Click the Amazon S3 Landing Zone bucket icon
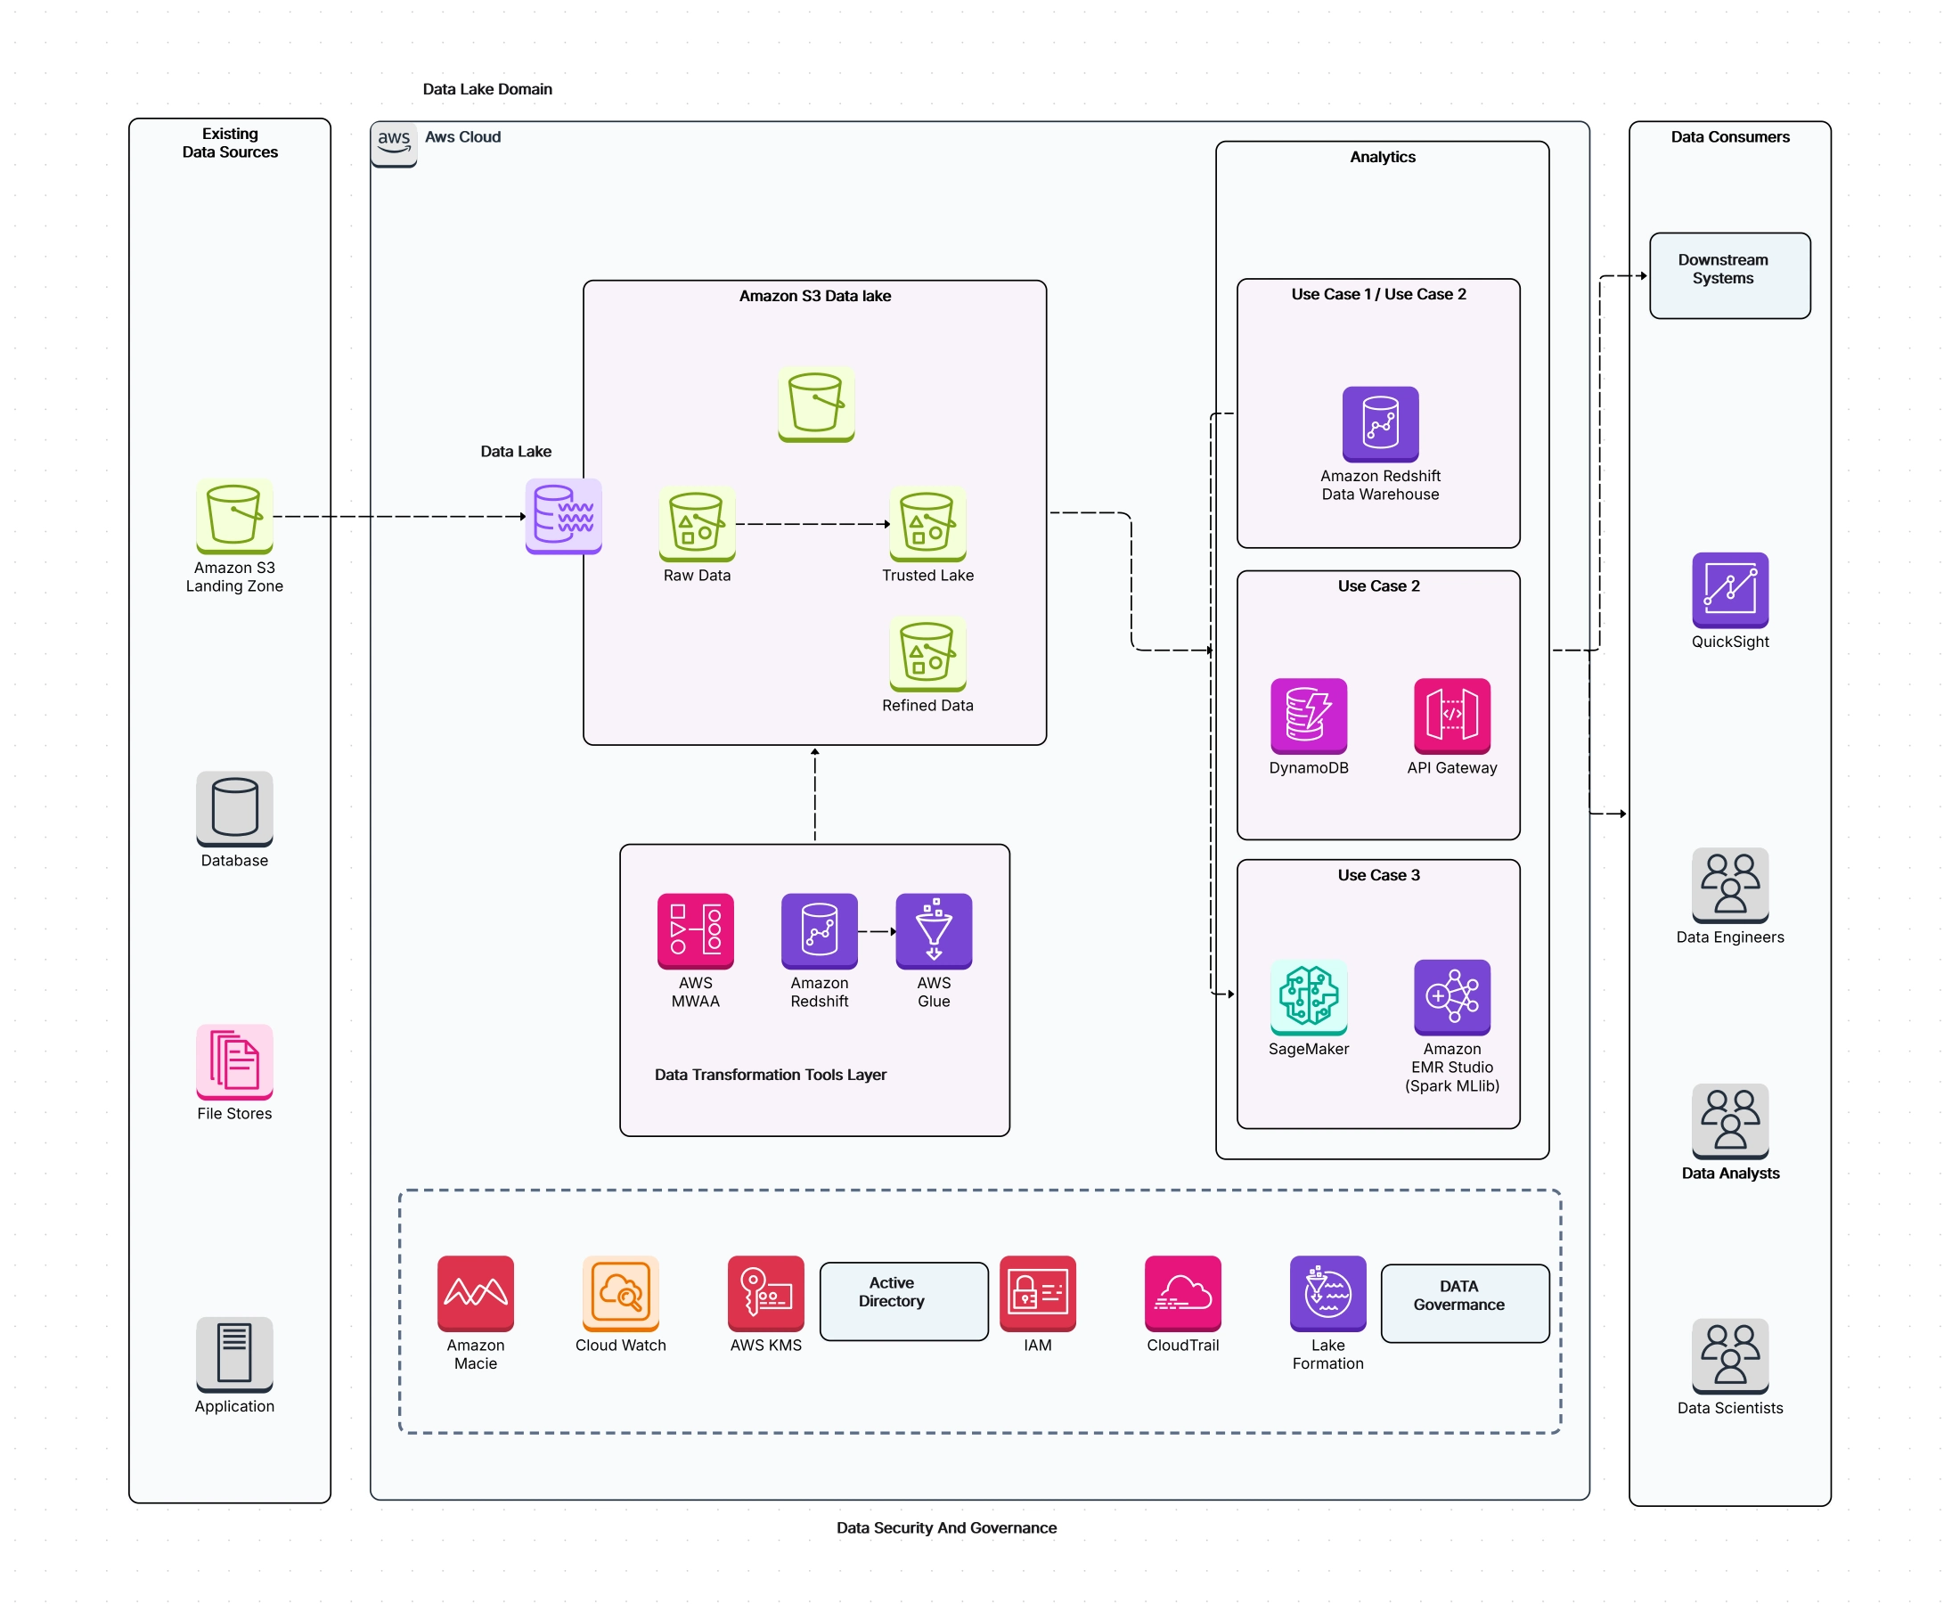pyautogui.click(x=233, y=515)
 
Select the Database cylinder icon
pyautogui.click(x=233, y=807)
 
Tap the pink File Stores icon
pyautogui.click(x=233, y=1060)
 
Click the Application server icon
pyautogui.click(x=233, y=1354)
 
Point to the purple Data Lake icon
pyautogui.click(x=563, y=515)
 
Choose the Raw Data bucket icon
pyautogui.click(x=697, y=523)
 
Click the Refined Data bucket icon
pyautogui.click(x=927, y=653)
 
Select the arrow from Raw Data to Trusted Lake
pyautogui.click(x=813, y=524)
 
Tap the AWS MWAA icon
pyautogui.click(x=696, y=930)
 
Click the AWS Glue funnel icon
pyautogui.click(x=934, y=930)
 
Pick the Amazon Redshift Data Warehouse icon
pyautogui.click(x=1380, y=423)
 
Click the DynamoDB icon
pyautogui.click(x=1309, y=716)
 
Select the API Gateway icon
pyautogui.click(x=1452, y=716)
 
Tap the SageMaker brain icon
pyautogui.click(x=1309, y=996)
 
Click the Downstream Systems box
pyautogui.click(x=1729, y=275)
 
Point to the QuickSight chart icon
pyautogui.click(x=1730, y=590)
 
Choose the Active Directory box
pyautogui.click(x=903, y=1301)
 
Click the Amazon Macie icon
pyautogui.click(x=476, y=1293)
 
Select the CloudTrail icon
pyautogui.click(x=1182, y=1293)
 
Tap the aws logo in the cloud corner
pyautogui.click(x=395, y=143)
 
